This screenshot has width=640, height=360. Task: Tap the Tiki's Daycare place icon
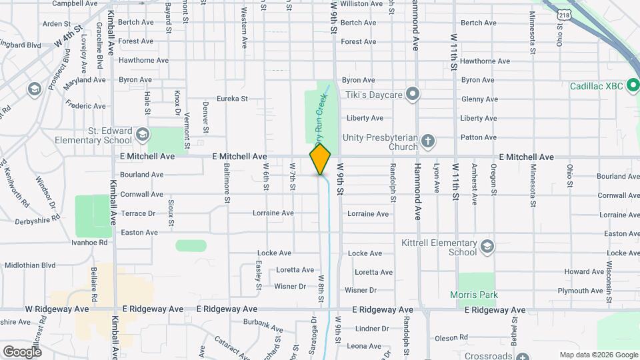click(413, 94)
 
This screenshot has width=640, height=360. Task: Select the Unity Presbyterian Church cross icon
click(427, 141)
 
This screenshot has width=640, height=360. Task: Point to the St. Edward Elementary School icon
click(141, 135)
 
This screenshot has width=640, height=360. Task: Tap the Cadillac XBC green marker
click(632, 86)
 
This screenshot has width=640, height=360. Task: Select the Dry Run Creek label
click(320, 119)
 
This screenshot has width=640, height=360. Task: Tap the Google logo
click(22, 351)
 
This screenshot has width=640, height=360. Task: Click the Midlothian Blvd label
click(30, 265)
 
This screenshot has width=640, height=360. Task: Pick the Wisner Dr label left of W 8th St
click(290, 287)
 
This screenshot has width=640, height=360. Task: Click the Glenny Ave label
click(479, 99)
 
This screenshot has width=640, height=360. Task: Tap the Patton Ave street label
click(478, 137)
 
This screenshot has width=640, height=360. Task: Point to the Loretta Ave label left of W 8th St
click(294, 270)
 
